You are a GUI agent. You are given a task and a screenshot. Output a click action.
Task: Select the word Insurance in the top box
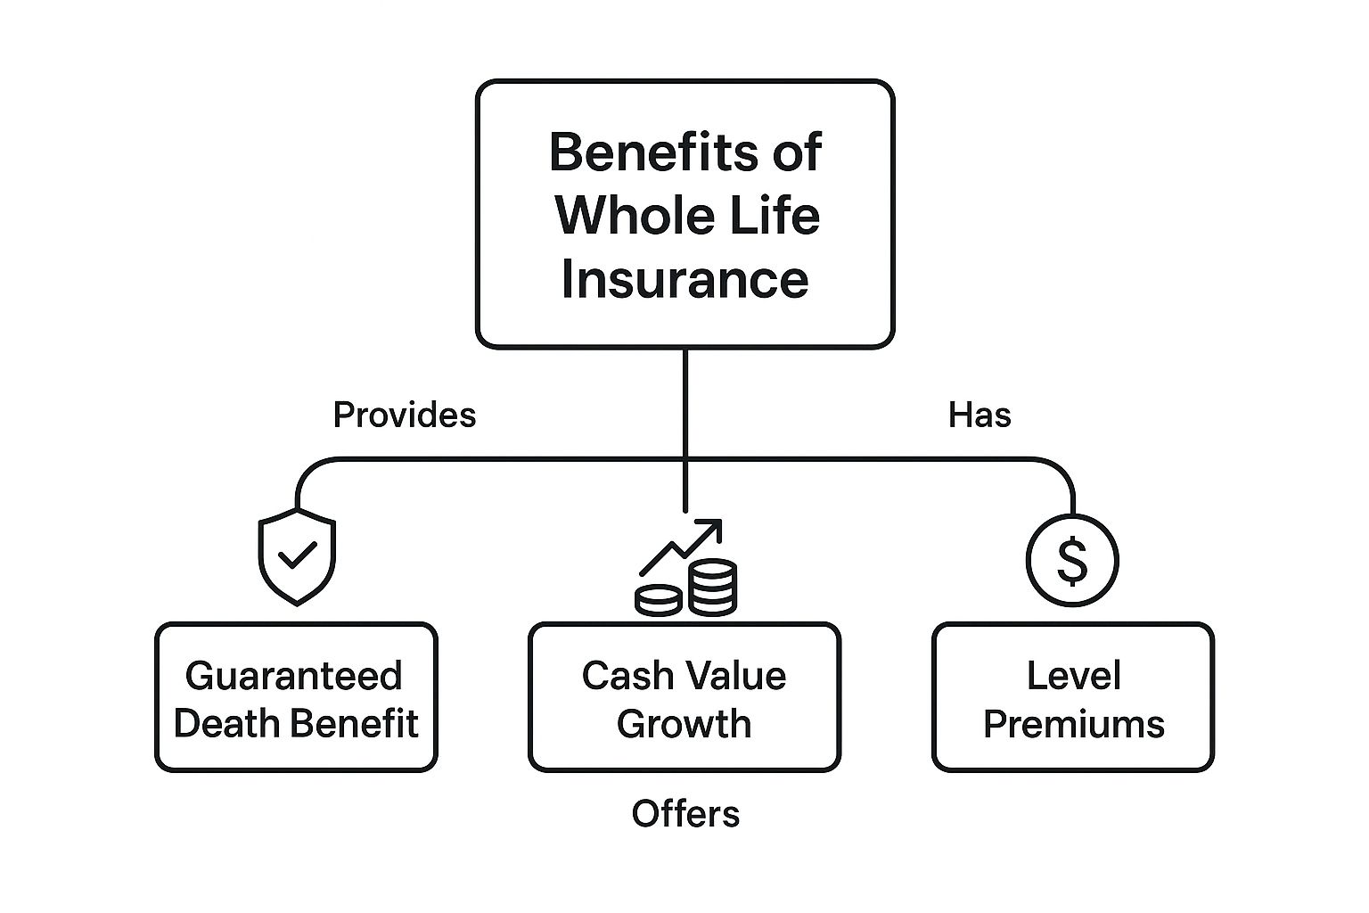(684, 278)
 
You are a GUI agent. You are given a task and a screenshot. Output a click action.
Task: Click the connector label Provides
(404, 415)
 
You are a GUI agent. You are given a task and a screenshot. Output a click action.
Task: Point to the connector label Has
(979, 415)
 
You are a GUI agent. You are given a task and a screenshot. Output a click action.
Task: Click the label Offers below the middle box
(684, 813)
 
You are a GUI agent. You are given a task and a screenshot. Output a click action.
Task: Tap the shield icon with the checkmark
(297, 556)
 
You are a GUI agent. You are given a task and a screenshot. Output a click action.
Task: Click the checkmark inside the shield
(297, 556)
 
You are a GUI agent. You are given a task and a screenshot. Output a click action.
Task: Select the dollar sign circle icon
(1071, 561)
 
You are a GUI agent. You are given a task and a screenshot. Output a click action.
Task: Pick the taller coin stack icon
(713, 588)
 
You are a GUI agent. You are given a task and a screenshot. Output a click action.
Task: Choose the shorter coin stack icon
(659, 600)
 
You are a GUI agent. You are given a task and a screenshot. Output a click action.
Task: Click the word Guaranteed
(293, 676)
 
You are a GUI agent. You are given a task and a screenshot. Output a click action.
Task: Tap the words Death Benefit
(296, 723)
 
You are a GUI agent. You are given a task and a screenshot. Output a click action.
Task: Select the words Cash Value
(684, 676)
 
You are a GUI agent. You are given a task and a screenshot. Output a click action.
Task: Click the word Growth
(684, 723)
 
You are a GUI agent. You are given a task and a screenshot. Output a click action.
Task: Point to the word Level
(1072, 676)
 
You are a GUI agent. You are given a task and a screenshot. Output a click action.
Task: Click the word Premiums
(1072, 723)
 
